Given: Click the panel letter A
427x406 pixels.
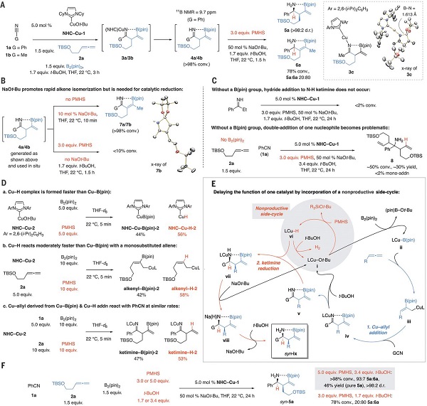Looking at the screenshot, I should (4, 4).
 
